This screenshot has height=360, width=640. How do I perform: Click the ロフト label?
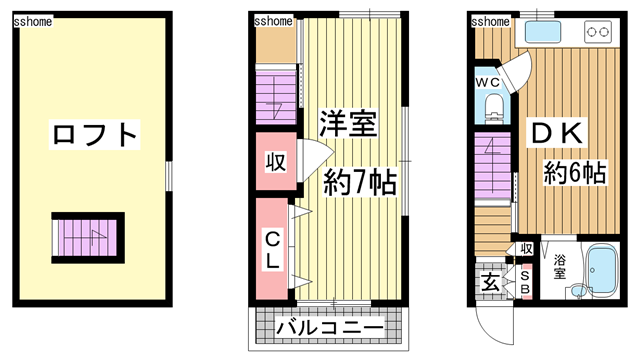95,134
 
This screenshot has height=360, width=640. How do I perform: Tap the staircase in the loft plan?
88,238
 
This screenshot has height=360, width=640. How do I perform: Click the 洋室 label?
348,123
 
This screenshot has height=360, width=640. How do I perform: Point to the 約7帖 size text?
360,182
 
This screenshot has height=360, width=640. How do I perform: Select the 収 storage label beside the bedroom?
276,162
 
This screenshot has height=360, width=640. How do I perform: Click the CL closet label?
272,249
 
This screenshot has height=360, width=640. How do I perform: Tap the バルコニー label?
330,328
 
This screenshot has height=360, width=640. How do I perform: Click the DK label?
557,133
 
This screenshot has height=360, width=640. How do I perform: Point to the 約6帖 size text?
574,172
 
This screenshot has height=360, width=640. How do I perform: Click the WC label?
487,82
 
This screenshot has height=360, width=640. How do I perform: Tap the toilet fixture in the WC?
493,107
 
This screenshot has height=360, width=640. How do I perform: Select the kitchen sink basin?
542,32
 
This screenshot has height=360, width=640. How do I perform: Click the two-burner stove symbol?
598,32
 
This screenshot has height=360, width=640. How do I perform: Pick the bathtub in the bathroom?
602,270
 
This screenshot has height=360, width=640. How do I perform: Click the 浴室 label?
560,267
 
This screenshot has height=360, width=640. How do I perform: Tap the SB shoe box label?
525,282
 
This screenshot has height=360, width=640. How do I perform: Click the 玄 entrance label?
490,283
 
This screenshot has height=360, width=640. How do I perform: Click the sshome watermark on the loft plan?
33,21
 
